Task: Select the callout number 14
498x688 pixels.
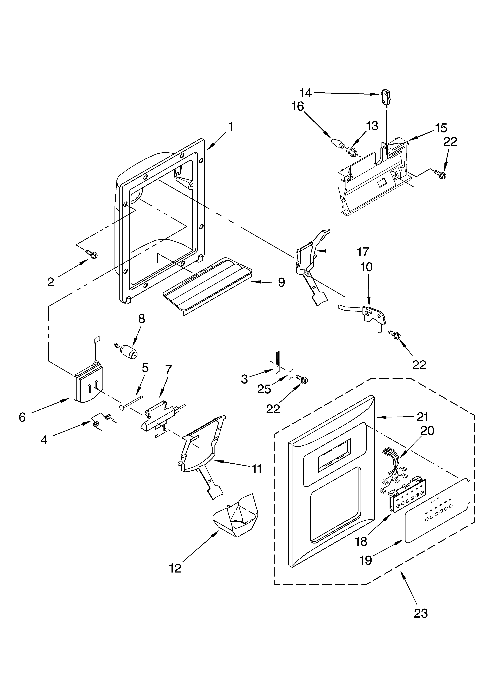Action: pos(306,93)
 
